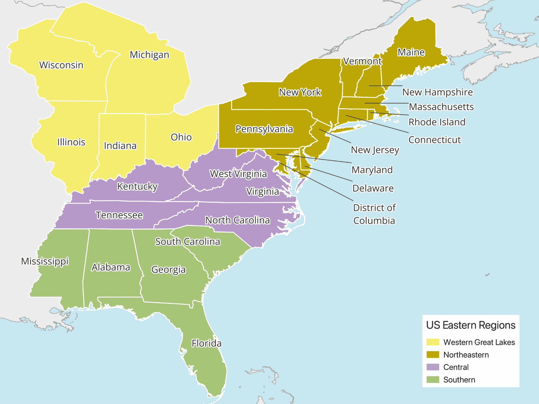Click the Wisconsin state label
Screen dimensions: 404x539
point(61,65)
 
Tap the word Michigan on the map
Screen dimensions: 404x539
point(149,55)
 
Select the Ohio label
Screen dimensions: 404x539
point(181,137)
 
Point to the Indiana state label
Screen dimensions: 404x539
point(120,146)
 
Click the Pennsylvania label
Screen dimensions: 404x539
point(264,129)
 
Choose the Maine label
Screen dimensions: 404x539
point(411,52)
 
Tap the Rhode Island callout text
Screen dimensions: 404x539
point(437,122)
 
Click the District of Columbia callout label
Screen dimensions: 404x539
point(374,214)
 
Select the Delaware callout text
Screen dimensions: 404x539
point(373,188)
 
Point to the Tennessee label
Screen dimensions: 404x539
point(119,215)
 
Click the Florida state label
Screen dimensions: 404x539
point(206,343)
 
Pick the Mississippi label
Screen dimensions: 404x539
point(45,261)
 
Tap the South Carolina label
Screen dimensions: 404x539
point(187,241)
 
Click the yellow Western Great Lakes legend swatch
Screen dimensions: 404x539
point(433,342)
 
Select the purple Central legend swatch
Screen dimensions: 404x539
point(433,367)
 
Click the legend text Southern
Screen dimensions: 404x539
point(459,380)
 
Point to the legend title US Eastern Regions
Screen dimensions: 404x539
point(471,325)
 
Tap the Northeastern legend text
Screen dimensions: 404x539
point(466,355)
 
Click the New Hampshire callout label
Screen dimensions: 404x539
point(437,92)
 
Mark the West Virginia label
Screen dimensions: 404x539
point(238,174)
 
